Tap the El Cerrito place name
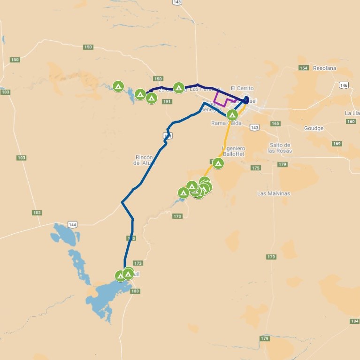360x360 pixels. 242,88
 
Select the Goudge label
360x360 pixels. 314,128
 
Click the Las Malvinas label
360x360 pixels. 274,193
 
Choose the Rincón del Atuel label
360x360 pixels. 144,160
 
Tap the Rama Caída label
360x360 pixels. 226,123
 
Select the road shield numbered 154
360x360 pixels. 304,68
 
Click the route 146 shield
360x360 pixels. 344,85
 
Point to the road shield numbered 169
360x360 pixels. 337,144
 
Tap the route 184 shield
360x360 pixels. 354,321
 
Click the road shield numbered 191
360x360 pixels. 167,101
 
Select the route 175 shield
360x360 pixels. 255,168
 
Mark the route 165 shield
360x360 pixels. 275,124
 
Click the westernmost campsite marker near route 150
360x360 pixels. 118,86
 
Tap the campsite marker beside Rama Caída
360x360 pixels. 232,115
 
